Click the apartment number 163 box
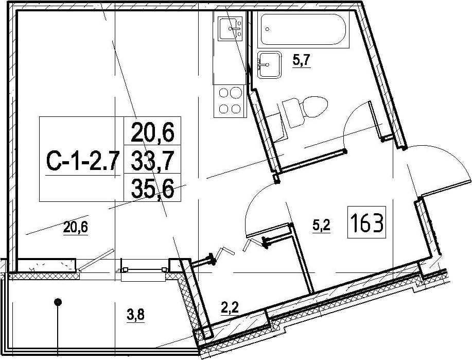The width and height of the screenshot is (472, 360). coord(366,222)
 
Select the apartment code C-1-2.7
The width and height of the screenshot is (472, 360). coord(81,162)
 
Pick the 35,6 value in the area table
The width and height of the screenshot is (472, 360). coord(153,188)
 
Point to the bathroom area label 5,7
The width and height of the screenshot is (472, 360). coord(301,61)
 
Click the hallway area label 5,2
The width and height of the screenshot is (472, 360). coord(322,226)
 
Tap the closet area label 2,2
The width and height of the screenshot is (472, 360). coord(230,308)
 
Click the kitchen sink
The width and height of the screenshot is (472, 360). coord(230,28)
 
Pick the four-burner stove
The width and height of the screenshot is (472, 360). coord(230,101)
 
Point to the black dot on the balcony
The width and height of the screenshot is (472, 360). coord(58,302)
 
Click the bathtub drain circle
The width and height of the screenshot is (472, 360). coord(267,29)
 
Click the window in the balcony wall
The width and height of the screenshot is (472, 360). coord(144,270)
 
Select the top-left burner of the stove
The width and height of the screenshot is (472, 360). coord(224,93)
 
